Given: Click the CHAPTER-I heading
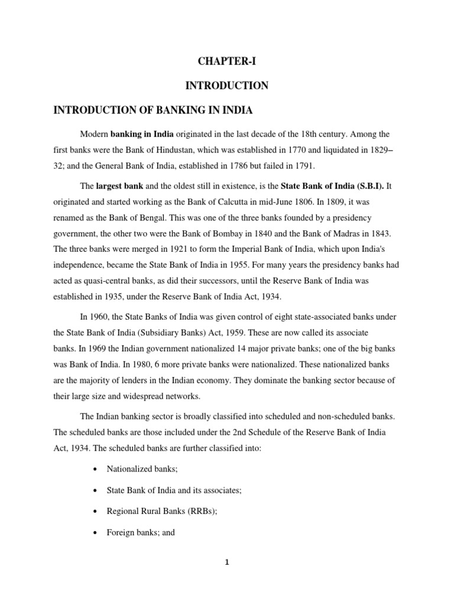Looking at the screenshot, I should click(x=227, y=61).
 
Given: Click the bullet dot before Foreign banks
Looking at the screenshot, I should click(x=95, y=533).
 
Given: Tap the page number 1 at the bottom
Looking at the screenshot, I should click(x=227, y=562).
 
